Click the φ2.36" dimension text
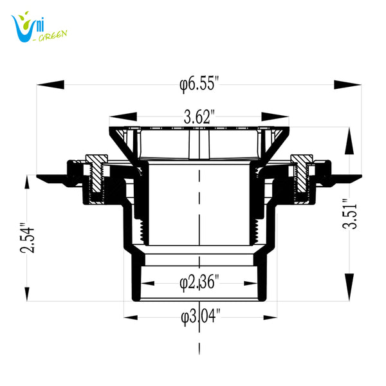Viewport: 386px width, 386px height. [x=199, y=281]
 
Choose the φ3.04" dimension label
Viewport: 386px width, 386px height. [x=201, y=316]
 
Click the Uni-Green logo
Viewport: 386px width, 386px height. [x=38, y=27]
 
